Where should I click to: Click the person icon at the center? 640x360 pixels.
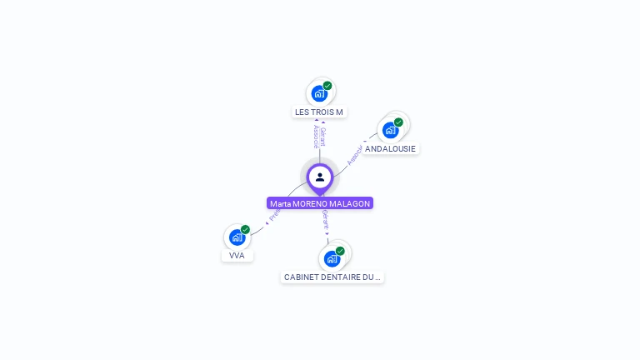[320, 177]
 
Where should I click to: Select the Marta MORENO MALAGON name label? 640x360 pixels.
[320, 203]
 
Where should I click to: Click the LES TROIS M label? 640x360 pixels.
[319, 112]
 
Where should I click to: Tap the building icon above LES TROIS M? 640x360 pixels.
[319, 93]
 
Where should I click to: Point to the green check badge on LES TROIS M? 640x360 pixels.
[327, 85]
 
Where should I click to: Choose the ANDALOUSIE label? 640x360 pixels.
[390, 148]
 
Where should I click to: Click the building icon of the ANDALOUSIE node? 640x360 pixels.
[390, 130]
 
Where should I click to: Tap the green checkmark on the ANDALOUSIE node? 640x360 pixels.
[398, 122]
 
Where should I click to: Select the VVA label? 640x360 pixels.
[237, 255]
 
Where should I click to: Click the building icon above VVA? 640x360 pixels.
[237, 237]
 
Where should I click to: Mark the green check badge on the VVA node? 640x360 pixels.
[245, 229]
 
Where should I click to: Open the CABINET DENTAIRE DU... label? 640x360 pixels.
[332, 277]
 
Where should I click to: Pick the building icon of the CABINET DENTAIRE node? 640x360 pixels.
[332, 258]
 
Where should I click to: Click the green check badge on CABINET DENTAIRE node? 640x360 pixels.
[340, 250]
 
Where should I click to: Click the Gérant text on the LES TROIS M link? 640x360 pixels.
[322, 137]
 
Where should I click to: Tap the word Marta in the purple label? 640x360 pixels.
[281, 203]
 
